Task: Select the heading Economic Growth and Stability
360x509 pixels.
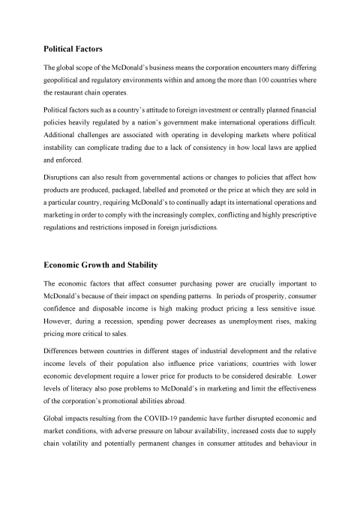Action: (106, 265)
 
